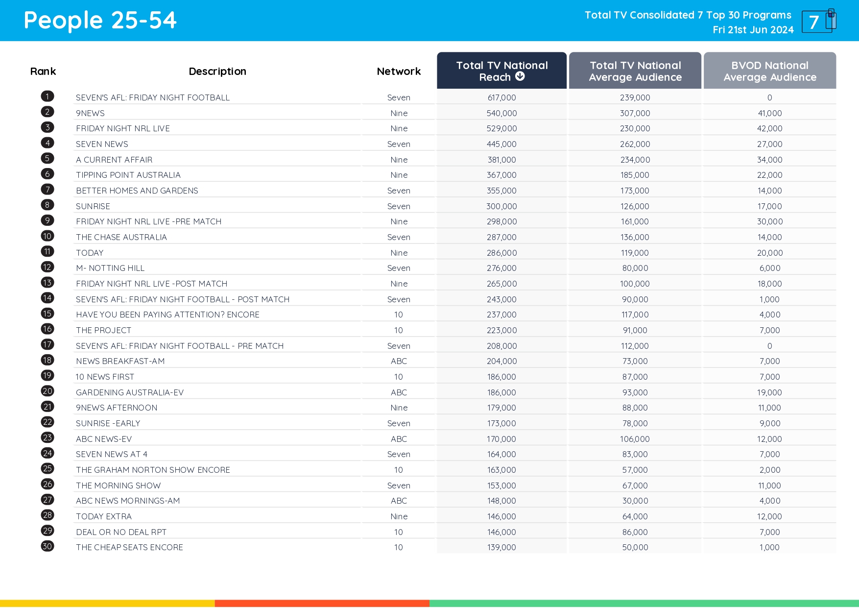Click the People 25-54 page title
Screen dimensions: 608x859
(100, 21)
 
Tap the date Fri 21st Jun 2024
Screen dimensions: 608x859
(753, 30)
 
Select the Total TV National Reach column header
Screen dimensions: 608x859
(501, 71)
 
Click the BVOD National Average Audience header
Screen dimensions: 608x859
(769, 71)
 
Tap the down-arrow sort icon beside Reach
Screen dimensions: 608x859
(520, 76)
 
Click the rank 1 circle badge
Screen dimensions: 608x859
(48, 97)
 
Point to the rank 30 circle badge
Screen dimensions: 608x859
(48, 546)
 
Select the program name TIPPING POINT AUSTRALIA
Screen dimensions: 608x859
(128, 175)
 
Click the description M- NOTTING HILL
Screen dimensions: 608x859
(110, 268)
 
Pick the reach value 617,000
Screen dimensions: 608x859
(501, 97)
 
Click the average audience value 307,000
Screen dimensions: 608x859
(635, 113)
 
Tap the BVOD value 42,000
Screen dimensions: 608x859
(769, 128)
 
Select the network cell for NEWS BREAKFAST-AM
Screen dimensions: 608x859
(399, 361)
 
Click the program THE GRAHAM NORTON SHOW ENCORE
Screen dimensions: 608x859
(153, 470)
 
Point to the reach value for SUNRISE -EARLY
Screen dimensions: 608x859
(501, 423)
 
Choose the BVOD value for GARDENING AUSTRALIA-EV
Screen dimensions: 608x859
(769, 392)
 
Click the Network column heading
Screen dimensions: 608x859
(399, 72)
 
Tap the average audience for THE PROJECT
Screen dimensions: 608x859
(635, 330)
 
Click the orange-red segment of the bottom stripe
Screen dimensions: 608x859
(322, 603)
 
